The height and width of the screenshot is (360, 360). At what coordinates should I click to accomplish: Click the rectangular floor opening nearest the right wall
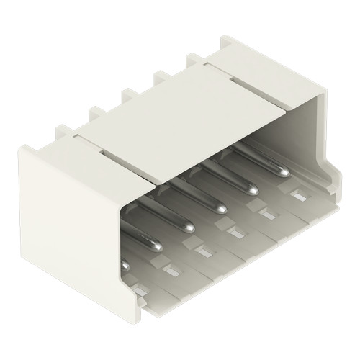click(297, 194)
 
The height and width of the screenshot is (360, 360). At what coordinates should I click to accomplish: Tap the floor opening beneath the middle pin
click(233, 233)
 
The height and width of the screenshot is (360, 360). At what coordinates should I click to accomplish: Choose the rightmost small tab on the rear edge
click(192, 58)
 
